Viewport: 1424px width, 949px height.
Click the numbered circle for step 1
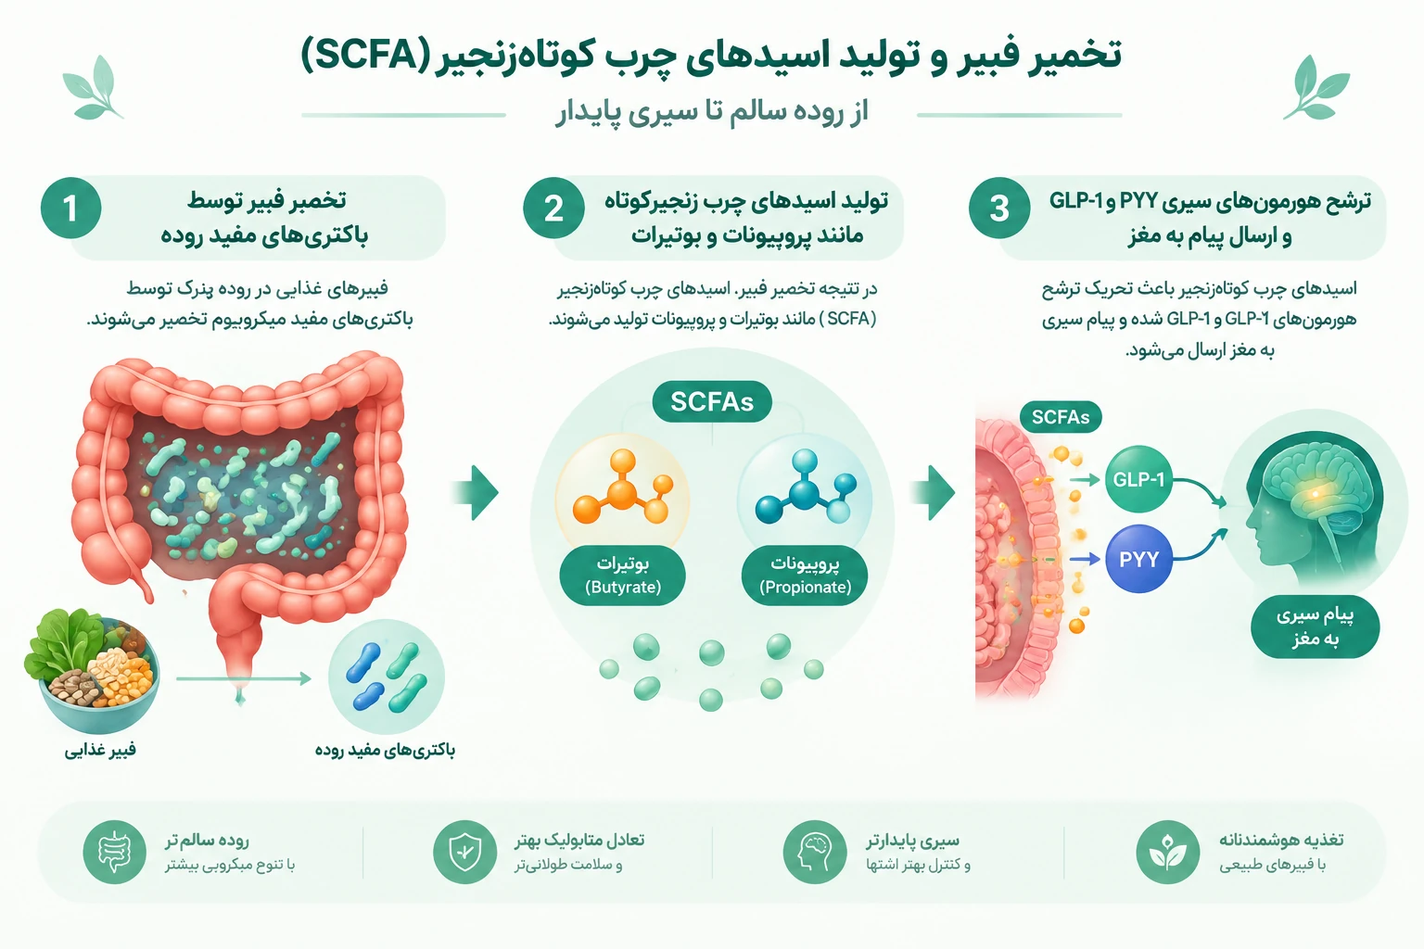(70, 208)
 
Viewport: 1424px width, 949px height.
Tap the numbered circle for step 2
(553, 208)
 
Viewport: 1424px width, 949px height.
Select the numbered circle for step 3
(999, 208)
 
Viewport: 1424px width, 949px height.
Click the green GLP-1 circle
(1138, 479)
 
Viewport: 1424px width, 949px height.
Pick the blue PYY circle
(1138, 559)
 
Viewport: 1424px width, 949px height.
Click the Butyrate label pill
(622, 576)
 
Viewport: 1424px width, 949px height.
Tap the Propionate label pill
(805, 576)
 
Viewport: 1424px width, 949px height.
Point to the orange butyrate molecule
(622, 487)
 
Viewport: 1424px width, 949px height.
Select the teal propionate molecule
(806, 487)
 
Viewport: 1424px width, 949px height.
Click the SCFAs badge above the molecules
(712, 401)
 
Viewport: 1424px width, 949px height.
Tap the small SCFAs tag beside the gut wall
(1061, 417)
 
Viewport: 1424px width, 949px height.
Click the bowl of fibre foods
(92, 671)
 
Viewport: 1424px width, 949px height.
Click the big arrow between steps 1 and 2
(475, 493)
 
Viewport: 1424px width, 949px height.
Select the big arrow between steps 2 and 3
(932, 493)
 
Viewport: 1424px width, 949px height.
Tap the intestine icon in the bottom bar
(114, 852)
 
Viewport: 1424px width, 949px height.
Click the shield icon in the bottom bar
(464, 852)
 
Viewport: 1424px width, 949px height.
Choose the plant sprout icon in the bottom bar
(1168, 852)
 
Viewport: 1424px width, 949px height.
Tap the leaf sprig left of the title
(93, 88)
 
